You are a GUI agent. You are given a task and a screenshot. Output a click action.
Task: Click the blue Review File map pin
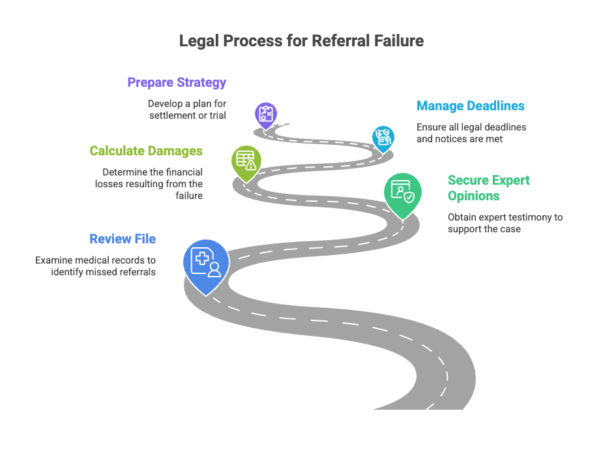tap(206, 266)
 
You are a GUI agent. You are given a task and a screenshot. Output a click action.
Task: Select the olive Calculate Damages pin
tap(246, 163)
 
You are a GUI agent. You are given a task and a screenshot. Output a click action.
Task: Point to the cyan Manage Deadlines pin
tap(383, 138)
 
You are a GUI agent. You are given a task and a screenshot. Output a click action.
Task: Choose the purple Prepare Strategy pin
tap(266, 115)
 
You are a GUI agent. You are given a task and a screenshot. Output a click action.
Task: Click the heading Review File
tap(123, 239)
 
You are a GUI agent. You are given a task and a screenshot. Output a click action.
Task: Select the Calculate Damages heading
tap(146, 151)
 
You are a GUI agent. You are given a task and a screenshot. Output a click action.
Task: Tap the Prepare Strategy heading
tap(177, 83)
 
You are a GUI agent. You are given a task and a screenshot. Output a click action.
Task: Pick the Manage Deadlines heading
tap(470, 106)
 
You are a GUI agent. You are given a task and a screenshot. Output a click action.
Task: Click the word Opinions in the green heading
tap(473, 196)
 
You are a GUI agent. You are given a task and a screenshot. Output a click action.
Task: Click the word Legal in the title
tap(199, 41)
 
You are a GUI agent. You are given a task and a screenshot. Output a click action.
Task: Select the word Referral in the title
tap(341, 41)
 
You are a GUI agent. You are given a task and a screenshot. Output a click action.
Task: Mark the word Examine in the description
tap(51, 260)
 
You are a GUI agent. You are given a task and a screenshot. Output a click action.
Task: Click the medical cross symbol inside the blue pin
tap(202, 258)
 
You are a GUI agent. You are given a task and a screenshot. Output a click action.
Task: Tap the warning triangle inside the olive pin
tap(251, 165)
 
